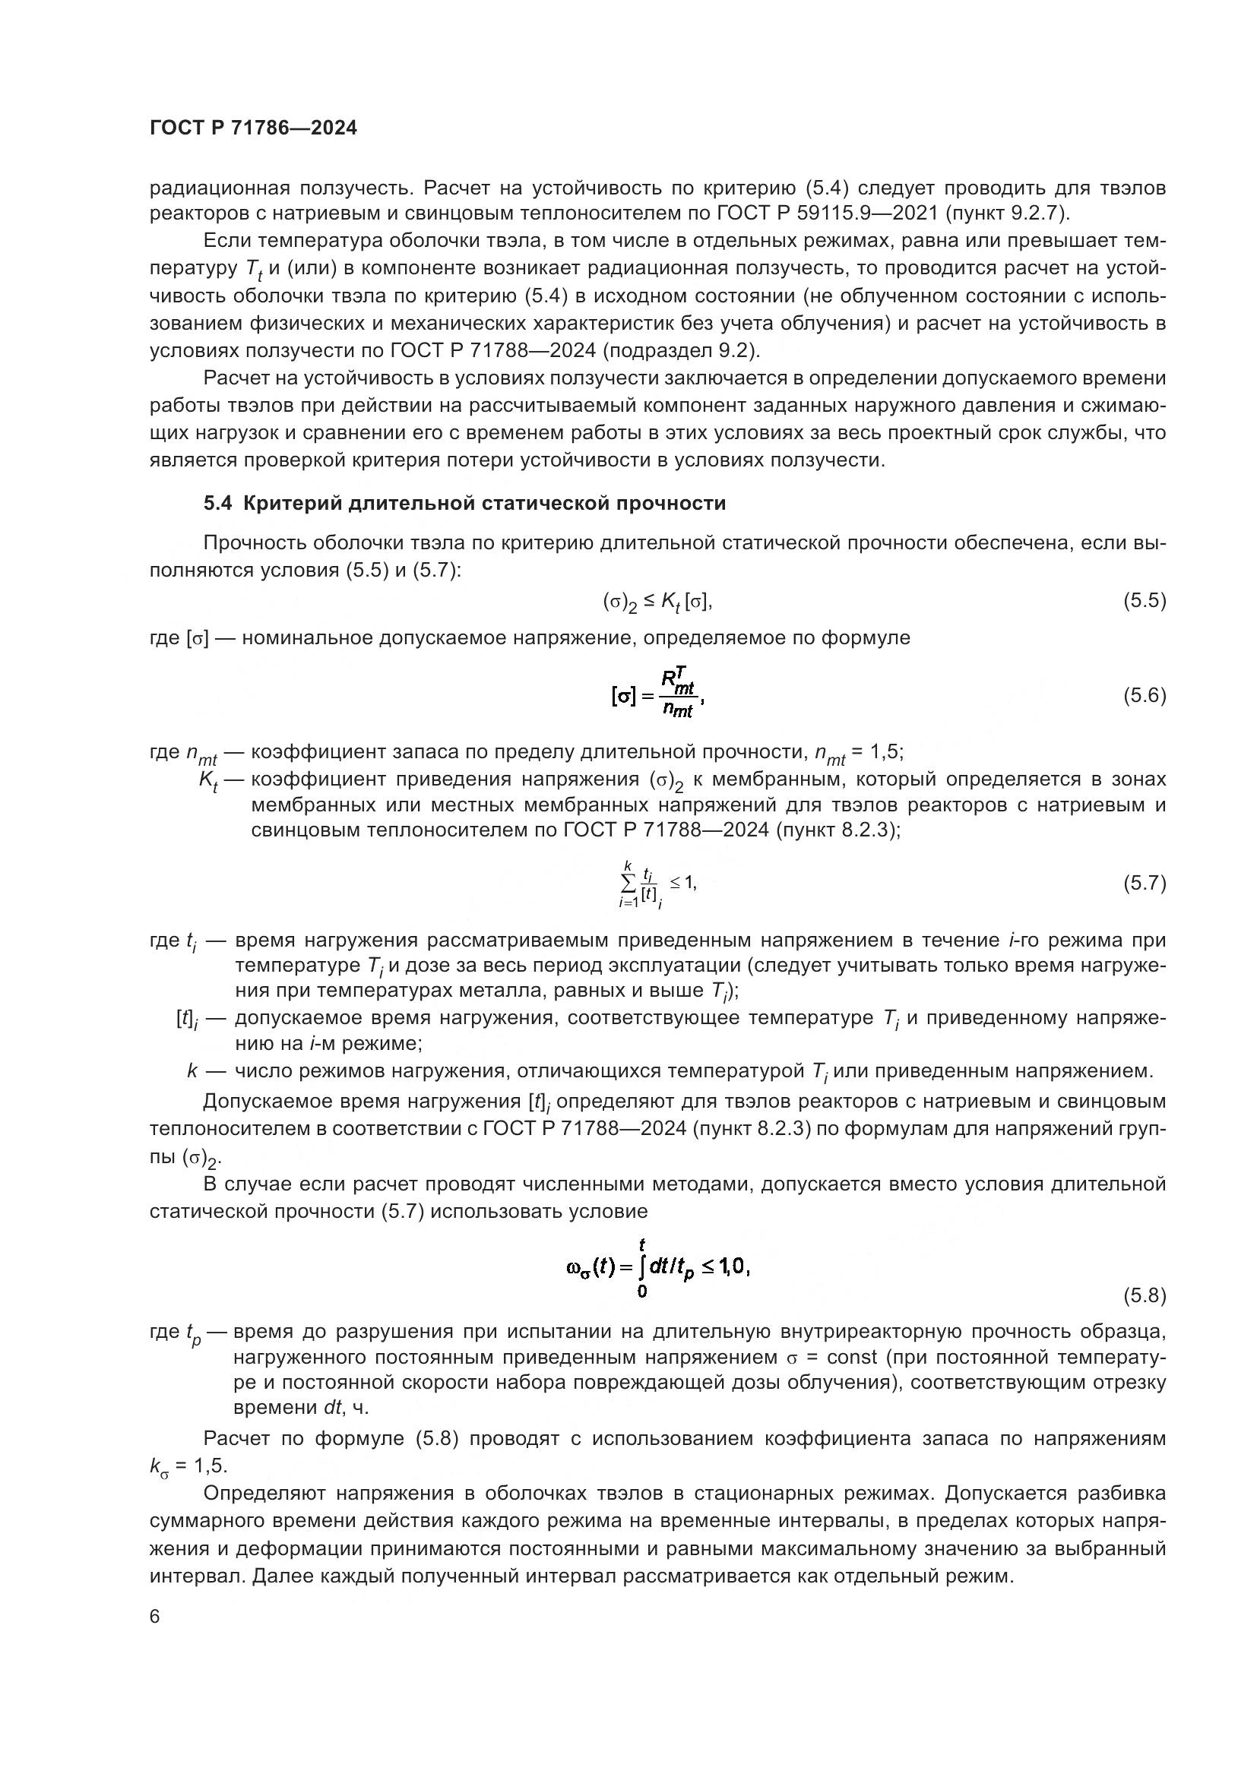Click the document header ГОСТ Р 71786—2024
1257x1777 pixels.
pos(253,128)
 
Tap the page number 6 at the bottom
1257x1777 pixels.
pos(155,1617)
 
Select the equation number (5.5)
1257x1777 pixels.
pos(1144,601)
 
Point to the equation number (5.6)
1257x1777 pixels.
pos(1144,696)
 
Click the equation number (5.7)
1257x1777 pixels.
pos(1144,883)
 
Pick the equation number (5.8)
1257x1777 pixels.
pos(1144,1295)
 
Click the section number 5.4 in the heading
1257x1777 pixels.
pos(217,504)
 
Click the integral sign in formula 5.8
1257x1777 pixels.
pos(641,1268)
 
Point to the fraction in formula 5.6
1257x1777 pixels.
pos(678,694)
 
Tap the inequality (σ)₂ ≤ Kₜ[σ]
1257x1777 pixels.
pos(657,602)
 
